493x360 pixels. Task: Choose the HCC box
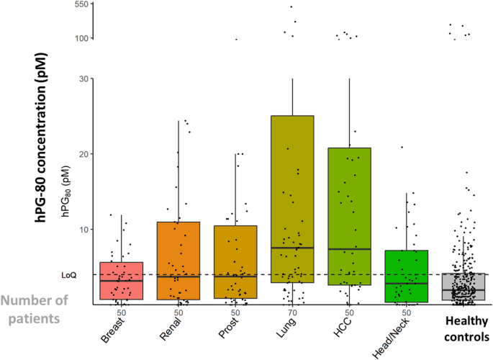click(349, 216)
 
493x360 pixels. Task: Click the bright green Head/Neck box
click(407, 276)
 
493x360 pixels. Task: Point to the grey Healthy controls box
click(463, 287)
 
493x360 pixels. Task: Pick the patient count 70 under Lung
click(292, 312)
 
